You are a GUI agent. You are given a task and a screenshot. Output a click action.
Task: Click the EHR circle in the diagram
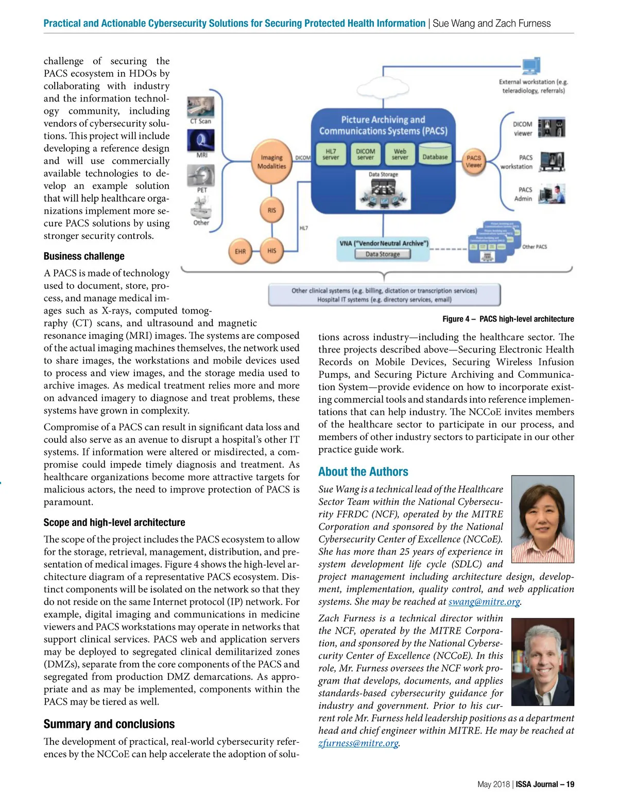click(x=240, y=251)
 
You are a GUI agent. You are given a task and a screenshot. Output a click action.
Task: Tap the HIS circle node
click(x=271, y=251)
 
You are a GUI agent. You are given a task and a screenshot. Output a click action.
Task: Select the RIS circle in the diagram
click(x=271, y=210)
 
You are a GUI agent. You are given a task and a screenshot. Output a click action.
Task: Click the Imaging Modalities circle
click(x=271, y=162)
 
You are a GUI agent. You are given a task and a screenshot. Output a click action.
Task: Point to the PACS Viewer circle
click(x=473, y=162)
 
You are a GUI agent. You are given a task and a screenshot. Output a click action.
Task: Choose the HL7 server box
click(x=331, y=154)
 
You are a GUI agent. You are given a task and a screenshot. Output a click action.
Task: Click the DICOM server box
click(x=365, y=154)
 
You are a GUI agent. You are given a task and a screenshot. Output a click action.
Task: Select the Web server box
click(x=400, y=154)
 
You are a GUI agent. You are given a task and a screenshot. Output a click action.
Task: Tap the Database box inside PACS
click(x=435, y=156)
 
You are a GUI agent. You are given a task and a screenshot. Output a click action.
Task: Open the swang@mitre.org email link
click(x=484, y=602)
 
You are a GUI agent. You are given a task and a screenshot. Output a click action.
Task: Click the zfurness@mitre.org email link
click(x=358, y=743)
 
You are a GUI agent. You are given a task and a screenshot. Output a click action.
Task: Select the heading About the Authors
click(x=363, y=471)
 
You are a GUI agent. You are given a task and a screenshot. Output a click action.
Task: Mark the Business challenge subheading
click(x=84, y=256)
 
